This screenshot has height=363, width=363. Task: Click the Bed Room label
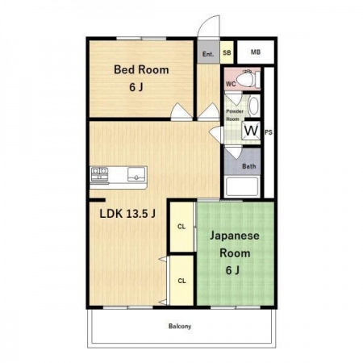pyautogui.click(x=141, y=69)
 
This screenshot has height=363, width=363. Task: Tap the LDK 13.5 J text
pyautogui.click(x=127, y=214)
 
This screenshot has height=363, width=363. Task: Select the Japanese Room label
pyautogui.click(x=235, y=244)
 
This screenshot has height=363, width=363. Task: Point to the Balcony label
pyautogui.click(x=180, y=326)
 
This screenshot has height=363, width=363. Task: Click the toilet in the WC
pyautogui.click(x=248, y=79)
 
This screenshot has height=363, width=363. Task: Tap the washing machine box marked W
pyautogui.click(x=252, y=131)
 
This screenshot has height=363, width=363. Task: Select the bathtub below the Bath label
pyautogui.click(x=242, y=186)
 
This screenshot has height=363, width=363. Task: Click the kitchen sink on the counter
pyautogui.click(x=136, y=174)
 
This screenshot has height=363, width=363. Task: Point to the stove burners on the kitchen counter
pyautogui.click(x=99, y=173)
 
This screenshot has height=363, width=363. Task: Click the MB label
pyautogui.click(x=256, y=52)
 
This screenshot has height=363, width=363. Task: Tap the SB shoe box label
pyautogui.click(x=227, y=52)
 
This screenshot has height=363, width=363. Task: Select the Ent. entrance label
pyautogui.click(x=208, y=54)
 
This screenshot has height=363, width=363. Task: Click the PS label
pyautogui.click(x=269, y=132)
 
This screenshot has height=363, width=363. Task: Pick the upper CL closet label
pyautogui.click(x=181, y=227)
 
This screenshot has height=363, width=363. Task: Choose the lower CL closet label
pyautogui.click(x=181, y=281)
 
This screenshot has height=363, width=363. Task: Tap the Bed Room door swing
pyautogui.click(x=181, y=111)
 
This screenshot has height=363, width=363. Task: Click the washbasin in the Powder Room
pyautogui.click(x=253, y=106)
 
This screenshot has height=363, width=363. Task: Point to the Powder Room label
pyautogui.click(x=235, y=115)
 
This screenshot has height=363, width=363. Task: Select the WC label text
pyautogui.click(x=231, y=84)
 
